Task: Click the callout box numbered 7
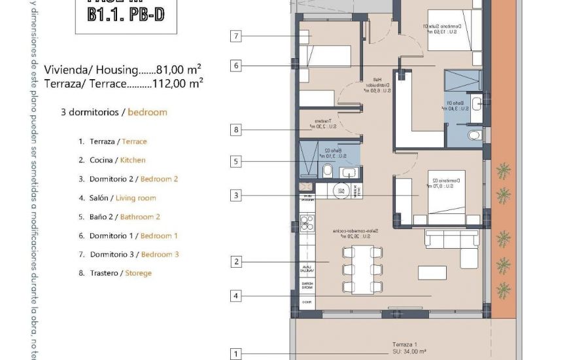(236, 36)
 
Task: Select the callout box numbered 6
(236, 65)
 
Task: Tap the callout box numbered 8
(236, 130)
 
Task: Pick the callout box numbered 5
(236, 160)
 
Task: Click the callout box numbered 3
(236, 195)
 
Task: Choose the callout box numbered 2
(236, 262)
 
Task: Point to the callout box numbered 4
(236, 296)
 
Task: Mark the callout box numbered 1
(236, 354)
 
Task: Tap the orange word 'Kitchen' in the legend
(133, 160)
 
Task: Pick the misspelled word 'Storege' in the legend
(138, 273)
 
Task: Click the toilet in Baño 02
(327, 171)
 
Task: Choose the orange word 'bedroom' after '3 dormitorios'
(147, 112)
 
